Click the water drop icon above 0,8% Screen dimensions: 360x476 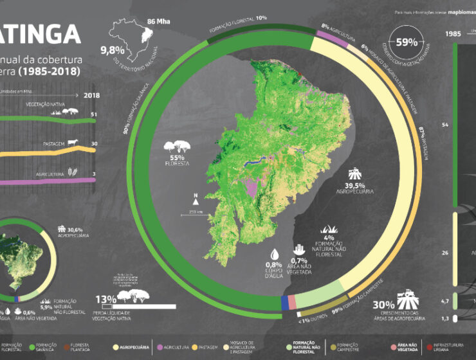point(275,253)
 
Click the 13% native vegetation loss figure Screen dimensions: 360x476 point(106,299)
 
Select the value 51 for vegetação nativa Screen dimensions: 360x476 point(94,115)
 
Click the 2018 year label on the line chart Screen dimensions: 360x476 point(93,95)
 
